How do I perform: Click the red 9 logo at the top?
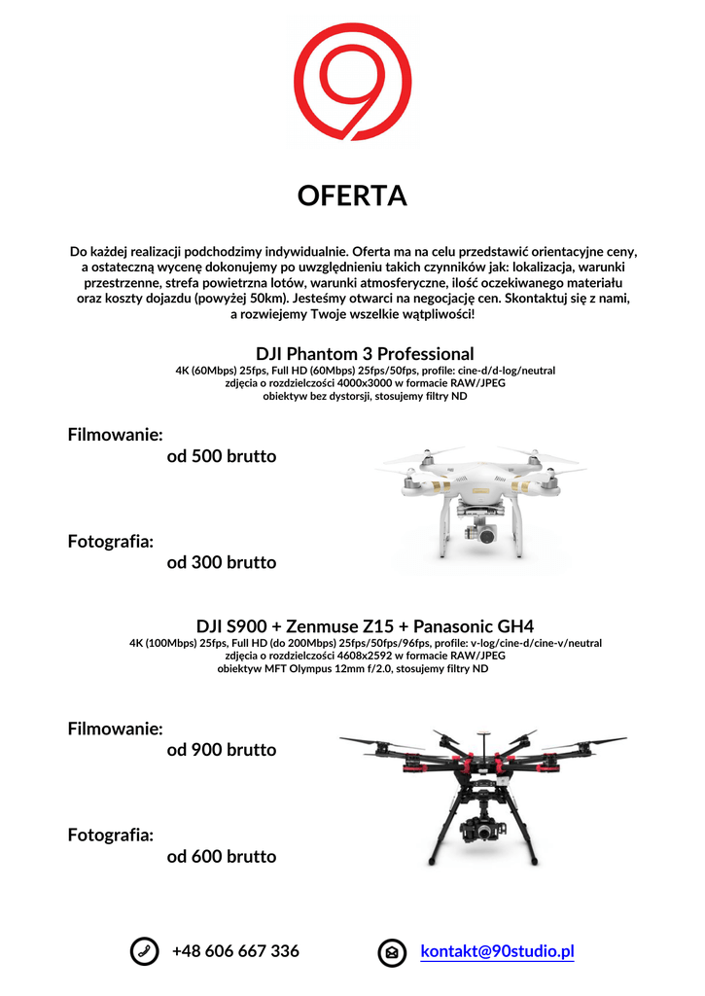[352, 83]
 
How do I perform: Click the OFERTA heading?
[352, 196]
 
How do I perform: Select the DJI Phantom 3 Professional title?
[365, 353]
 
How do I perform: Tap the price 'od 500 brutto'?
[222, 456]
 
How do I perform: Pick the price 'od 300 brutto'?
[222, 562]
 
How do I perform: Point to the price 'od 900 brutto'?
[222, 750]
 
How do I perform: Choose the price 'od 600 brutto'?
[222, 857]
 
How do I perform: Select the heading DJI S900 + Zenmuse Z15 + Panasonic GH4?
[365, 626]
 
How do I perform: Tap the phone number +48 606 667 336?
[235, 951]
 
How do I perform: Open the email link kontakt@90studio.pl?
[497, 951]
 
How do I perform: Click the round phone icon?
[144, 952]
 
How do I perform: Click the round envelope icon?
[392, 952]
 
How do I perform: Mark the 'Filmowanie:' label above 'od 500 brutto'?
[115, 434]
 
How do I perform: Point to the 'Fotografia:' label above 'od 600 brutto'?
[110, 835]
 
